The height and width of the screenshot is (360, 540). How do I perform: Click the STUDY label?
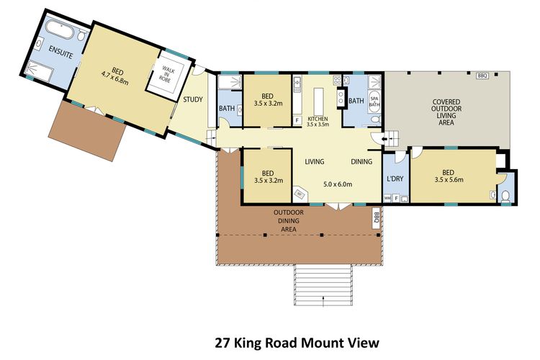point(192,100)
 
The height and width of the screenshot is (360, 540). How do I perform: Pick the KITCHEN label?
point(318,118)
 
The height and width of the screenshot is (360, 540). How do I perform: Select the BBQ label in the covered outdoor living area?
point(482,75)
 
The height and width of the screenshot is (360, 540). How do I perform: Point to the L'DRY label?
point(395,178)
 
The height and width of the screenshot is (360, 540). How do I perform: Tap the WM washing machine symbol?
point(387,197)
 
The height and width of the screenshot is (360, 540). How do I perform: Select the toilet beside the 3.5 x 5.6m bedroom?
point(505,195)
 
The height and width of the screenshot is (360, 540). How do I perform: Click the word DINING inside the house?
point(361,161)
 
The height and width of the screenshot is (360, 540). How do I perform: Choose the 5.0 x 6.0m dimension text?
point(338,184)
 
